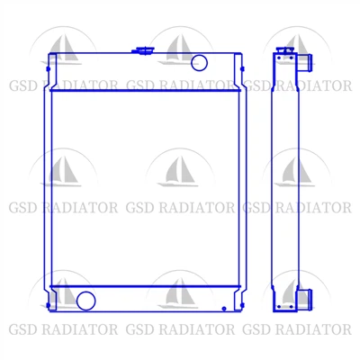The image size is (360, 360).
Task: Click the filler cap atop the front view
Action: click(x=143, y=50)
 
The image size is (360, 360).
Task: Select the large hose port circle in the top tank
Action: click(x=199, y=63)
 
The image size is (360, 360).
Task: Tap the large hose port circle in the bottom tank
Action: click(x=86, y=301)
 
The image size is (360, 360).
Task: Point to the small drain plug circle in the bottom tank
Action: click(x=224, y=309)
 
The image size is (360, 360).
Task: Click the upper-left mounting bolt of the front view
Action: click(x=48, y=69)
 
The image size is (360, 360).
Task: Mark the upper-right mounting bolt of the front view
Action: click(x=242, y=69)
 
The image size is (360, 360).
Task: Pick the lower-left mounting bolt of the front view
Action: click(x=48, y=305)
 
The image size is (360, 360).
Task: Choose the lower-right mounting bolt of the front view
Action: click(x=242, y=305)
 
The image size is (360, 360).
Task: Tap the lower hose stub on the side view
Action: click(x=305, y=299)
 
